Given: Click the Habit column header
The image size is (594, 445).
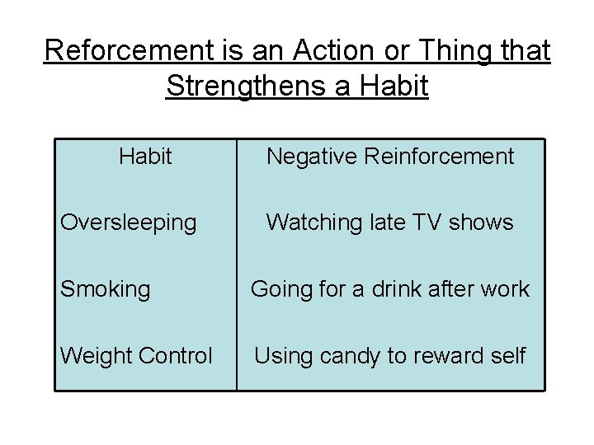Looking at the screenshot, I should [145, 156].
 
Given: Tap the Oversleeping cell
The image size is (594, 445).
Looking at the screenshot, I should [129, 222].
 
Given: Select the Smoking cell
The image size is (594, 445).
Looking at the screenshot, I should [106, 289].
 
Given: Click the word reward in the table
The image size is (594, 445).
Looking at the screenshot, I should [450, 356].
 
